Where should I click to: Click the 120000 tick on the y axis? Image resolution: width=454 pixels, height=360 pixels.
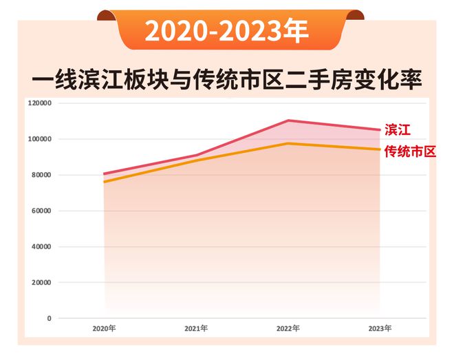41,103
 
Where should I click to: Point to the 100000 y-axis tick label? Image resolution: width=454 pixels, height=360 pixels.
41,139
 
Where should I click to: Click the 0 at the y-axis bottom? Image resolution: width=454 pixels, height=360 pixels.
49,318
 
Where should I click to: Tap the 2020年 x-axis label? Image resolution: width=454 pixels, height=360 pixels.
105,328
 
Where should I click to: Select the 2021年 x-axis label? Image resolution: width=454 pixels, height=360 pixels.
196,328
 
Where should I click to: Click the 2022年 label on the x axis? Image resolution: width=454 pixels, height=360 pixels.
288,328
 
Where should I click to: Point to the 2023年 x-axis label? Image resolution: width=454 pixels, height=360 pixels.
379,328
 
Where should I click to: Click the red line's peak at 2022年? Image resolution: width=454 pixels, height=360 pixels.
288,120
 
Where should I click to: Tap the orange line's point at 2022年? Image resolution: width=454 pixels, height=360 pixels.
288,143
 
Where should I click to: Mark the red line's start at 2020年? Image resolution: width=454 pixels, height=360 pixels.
105,173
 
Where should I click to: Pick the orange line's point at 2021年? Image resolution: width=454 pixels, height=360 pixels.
196,160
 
